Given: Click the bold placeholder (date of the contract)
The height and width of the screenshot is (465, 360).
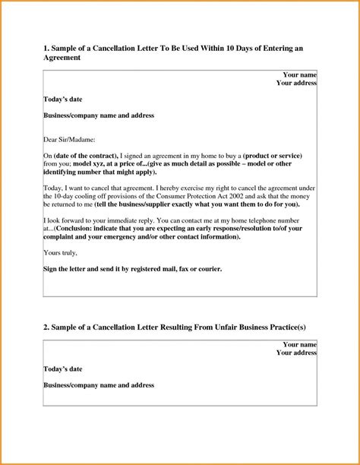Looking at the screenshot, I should pos(84,155).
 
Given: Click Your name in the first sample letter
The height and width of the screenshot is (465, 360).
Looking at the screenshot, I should pos(299,74).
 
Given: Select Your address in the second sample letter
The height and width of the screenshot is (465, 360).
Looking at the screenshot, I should pos(296,353).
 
